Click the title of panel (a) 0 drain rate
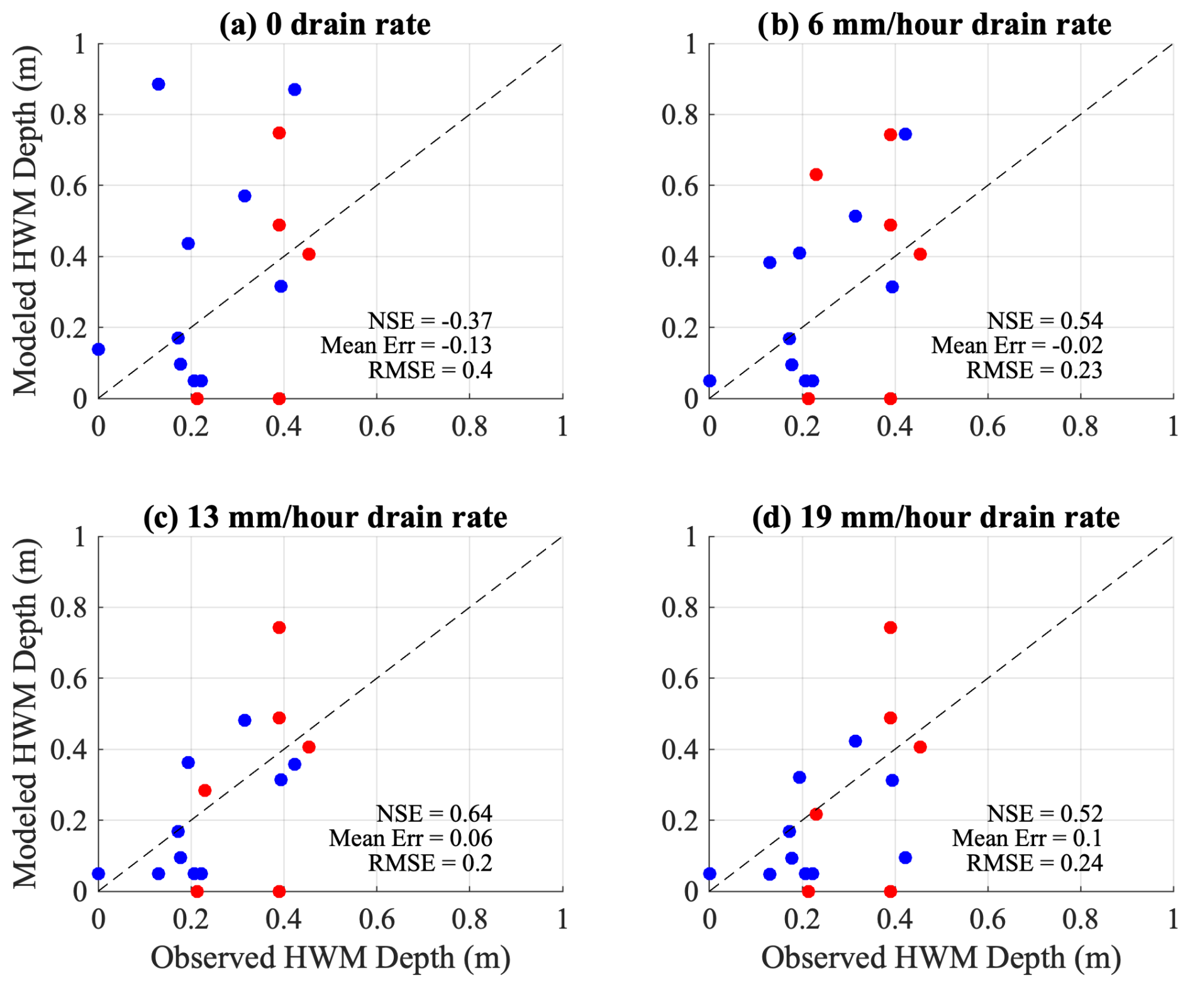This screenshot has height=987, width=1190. (325, 25)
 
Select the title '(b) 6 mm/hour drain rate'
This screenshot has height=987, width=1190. (934, 25)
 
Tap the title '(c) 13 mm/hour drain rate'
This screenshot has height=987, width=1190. (325, 517)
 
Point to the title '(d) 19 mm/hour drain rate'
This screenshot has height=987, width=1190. (935, 517)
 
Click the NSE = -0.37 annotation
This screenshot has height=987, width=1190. (430, 321)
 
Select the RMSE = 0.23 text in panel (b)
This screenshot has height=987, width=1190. (1034, 370)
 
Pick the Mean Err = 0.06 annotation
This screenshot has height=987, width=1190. (410, 838)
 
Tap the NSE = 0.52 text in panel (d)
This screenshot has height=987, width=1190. (1044, 813)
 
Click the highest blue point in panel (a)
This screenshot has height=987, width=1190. (158, 84)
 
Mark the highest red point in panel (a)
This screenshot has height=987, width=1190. (279, 133)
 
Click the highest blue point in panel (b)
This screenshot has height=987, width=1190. (905, 134)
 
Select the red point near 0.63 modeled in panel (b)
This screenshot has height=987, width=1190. (816, 174)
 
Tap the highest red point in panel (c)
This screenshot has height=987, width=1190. (279, 627)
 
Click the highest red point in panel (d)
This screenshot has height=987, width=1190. (890, 627)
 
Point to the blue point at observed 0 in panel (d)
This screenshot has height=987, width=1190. (709, 873)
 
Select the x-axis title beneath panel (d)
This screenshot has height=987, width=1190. (941, 958)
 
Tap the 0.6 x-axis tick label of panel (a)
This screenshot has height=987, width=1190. (377, 427)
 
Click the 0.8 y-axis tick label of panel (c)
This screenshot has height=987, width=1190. (69, 608)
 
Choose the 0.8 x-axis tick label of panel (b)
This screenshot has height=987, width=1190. (1080, 427)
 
